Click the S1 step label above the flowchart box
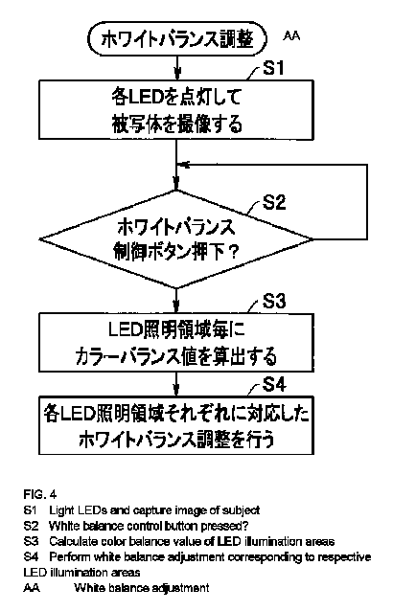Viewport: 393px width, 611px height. tap(273, 67)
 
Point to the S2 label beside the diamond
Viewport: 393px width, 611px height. tap(274, 202)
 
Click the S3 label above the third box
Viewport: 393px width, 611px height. tap(274, 301)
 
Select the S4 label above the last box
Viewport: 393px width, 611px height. tap(274, 385)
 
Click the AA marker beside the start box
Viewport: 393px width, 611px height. tap(291, 36)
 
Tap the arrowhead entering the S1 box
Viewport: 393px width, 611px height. tap(177, 74)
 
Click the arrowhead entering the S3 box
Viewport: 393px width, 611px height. tap(177, 307)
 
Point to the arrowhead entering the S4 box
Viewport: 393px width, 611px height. tap(177, 391)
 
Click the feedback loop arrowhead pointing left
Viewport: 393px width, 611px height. tap(184, 165)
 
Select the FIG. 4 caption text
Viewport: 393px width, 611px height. tap(40, 494)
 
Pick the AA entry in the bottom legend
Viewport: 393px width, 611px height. tap(32, 588)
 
